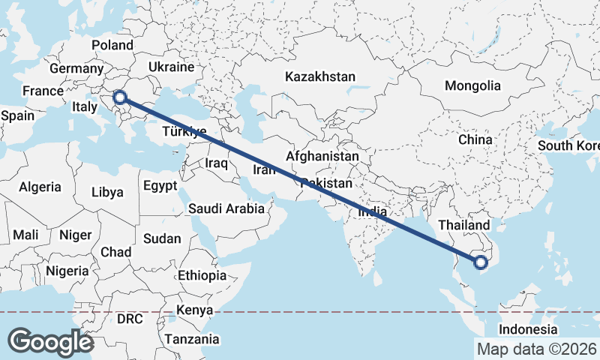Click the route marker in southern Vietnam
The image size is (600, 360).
click(481, 262)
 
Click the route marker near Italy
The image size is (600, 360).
click(118, 97)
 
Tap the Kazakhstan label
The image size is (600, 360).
click(319, 76)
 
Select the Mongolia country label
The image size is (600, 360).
click(472, 86)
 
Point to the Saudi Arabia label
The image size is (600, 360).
click(226, 208)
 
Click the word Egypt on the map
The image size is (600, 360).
click(160, 185)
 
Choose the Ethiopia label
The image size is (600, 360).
click(202, 275)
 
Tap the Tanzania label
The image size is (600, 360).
click(193, 338)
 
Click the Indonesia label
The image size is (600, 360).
click(528, 329)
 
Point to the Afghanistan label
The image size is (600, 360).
click(322, 157)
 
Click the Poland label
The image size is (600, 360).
click(112, 46)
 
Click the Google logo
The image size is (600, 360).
click(50, 341)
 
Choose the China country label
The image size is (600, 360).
click(475, 139)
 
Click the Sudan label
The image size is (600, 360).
click(161, 238)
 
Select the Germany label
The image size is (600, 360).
click(76, 69)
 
